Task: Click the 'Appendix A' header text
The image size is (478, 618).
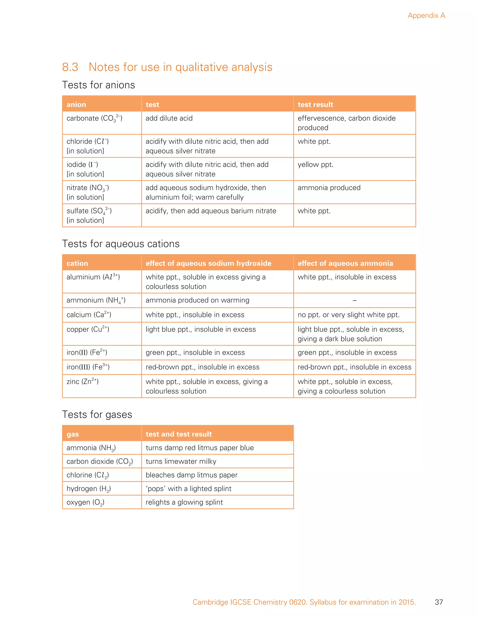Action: [426, 16]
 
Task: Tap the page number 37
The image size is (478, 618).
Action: [439, 602]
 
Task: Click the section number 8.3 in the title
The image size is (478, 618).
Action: [70, 67]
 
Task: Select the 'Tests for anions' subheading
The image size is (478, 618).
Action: [98, 85]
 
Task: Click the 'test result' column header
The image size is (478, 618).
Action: [315, 105]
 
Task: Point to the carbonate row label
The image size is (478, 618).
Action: [94, 118]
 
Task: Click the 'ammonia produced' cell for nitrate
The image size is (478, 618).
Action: [329, 188]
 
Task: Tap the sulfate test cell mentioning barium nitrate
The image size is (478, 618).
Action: [211, 211]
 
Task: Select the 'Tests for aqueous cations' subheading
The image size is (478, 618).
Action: [121, 244]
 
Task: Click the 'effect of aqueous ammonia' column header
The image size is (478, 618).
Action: [345, 264]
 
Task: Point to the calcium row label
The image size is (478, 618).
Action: [89, 315]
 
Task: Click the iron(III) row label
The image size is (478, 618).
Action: [88, 367]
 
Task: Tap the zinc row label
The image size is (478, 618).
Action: [83, 382]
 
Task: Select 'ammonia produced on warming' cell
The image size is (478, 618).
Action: [197, 300]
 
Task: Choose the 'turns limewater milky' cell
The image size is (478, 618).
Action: [181, 462]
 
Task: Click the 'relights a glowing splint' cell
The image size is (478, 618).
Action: [184, 502]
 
